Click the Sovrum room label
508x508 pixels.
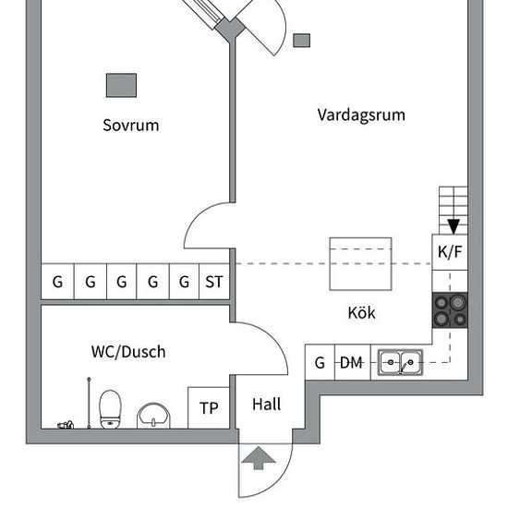coord(131,126)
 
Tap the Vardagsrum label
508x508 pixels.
coord(361,115)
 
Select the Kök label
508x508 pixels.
coord(361,312)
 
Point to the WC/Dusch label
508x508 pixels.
coord(128,352)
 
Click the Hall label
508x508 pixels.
coord(266,405)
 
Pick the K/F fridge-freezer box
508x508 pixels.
coord(450,252)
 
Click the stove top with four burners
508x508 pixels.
coord(450,310)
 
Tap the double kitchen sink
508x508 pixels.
coord(401,362)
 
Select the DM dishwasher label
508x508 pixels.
coord(352,363)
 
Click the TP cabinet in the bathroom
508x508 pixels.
coord(209,408)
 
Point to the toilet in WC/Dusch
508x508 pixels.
coord(110,409)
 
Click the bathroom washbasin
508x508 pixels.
coord(153,416)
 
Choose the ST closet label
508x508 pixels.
coord(214,282)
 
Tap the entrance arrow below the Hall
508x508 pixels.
coord(259,458)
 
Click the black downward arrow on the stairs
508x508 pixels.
coord(454,226)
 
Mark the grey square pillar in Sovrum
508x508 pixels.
coord(122,85)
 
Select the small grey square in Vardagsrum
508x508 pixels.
coord(302,41)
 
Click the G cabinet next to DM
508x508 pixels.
coord(320,362)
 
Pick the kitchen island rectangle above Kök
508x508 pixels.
coord(360,264)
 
